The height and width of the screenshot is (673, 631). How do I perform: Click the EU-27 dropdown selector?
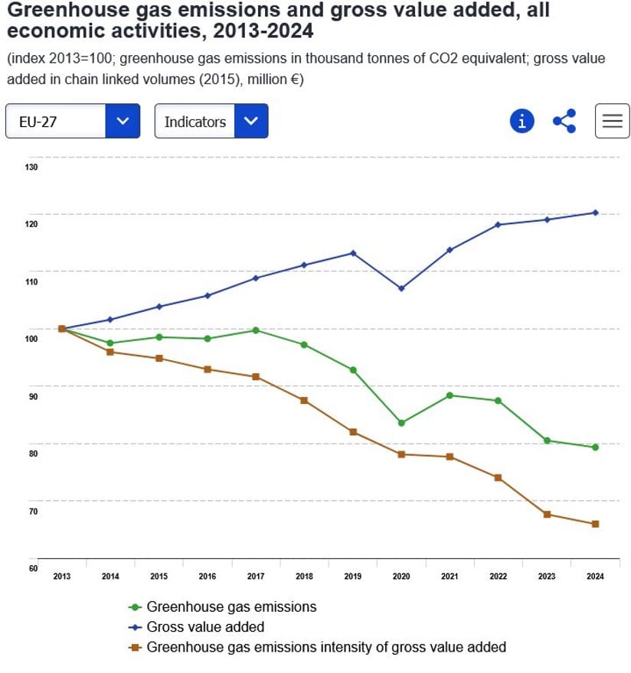click(73, 122)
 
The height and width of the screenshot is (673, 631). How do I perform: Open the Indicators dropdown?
click(211, 122)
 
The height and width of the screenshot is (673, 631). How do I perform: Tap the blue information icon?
click(521, 121)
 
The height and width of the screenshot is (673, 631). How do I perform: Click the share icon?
click(564, 121)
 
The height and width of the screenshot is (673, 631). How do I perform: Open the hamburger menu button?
click(612, 121)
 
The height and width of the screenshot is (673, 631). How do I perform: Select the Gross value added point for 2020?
click(401, 288)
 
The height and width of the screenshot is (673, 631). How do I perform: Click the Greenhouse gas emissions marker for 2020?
click(401, 423)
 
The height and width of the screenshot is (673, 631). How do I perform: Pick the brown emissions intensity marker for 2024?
click(595, 524)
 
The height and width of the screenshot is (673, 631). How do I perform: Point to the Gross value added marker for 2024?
click(595, 213)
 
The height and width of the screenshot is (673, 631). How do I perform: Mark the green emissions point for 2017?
click(256, 330)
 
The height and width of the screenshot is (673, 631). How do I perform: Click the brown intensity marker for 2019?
click(353, 432)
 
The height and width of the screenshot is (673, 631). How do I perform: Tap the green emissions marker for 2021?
click(450, 395)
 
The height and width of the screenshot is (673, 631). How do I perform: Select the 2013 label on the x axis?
click(62, 577)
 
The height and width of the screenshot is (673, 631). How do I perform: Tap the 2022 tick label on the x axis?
click(498, 577)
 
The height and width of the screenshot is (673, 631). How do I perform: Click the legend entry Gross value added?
click(205, 627)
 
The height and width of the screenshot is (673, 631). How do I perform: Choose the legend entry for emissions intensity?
click(325, 647)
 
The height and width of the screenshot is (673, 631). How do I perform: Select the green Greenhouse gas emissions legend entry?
click(230, 607)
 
